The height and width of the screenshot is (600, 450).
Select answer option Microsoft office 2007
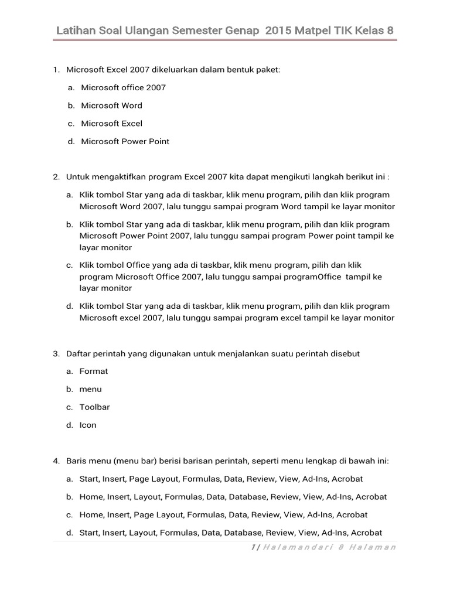point(123,87)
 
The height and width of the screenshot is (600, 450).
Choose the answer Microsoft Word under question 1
point(111,105)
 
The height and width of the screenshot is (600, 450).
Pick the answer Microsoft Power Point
point(125,141)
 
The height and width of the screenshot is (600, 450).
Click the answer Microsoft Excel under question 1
point(111,124)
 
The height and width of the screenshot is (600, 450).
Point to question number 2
point(56,176)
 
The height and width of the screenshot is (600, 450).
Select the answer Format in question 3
point(94,371)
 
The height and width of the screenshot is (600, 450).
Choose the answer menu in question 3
point(91,389)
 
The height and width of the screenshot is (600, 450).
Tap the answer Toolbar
point(95,407)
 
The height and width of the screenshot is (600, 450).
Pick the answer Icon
point(88,425)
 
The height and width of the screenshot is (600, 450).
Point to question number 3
point(56,354)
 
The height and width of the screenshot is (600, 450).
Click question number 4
point(56,461)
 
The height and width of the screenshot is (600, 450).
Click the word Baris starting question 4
point(76,461)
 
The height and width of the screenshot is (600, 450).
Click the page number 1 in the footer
point(252,547)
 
